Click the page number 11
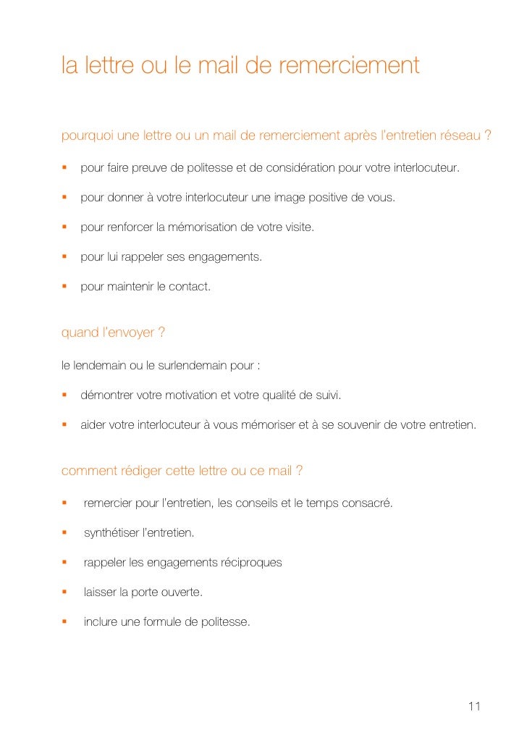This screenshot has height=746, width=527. (x=475, y=706)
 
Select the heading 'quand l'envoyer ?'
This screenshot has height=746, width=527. (x=114, y=332)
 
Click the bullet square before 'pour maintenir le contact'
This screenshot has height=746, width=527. (x=64, y=286)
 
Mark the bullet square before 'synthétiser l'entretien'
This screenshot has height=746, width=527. (x=64, y=532)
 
